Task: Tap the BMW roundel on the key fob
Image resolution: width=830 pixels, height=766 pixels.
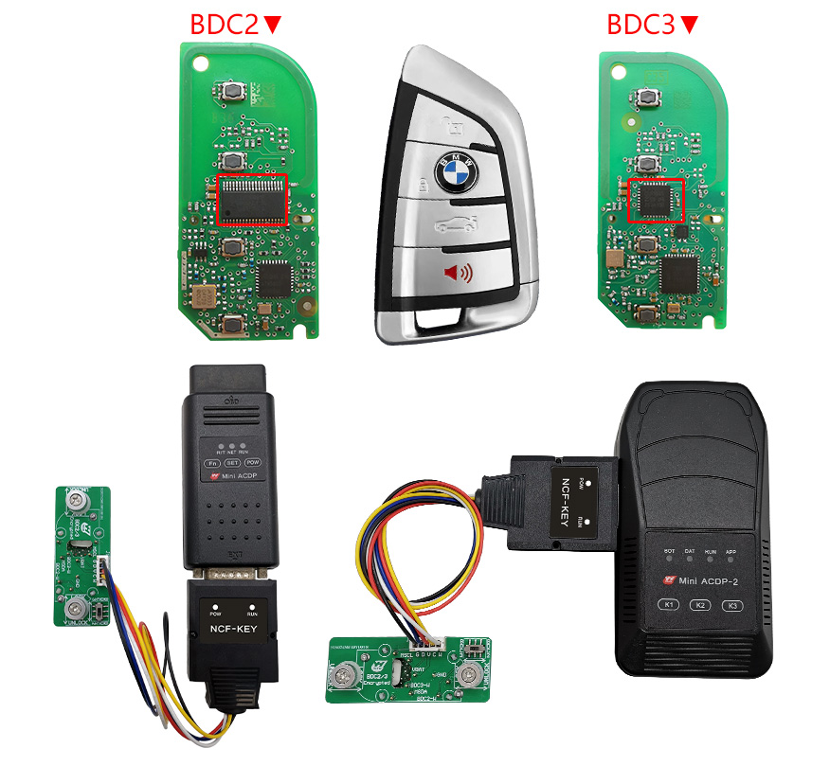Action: pos(453,171)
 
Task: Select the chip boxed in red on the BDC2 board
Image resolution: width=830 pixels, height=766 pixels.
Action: pos(252,200)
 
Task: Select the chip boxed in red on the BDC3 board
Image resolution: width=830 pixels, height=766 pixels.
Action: pos(657,200)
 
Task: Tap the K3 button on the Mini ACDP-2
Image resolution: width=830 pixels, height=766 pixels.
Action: pos(733,605)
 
